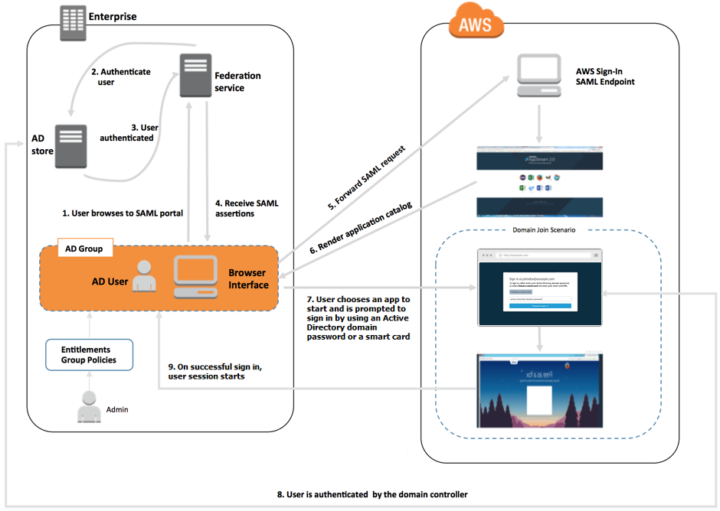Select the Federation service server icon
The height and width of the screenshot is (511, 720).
click(x=195, y=76)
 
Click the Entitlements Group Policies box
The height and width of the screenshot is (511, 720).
click(x=89, y=355)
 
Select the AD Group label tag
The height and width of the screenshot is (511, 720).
click(x=85, y=249)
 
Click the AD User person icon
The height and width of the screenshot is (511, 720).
click(x=143, y=277)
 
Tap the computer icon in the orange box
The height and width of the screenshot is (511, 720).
click(x=196, y=277)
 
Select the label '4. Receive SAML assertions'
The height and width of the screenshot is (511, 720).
click(x=246, y=208)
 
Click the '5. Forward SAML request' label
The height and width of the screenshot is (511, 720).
click(x=366, y=174)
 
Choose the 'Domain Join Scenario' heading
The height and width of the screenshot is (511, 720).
click(x=543, y=229)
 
